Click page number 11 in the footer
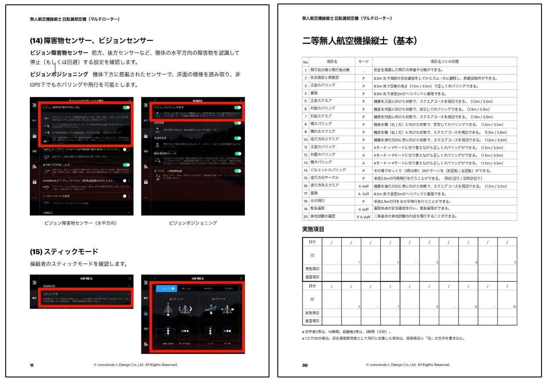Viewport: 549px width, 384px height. tap(32, 365)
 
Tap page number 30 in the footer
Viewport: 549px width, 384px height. tap(305, 365)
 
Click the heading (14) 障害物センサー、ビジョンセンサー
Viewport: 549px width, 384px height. tap(91, 41)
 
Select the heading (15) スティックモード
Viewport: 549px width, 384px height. tap(64, 252)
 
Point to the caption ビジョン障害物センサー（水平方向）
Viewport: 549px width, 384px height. tap(81, 223)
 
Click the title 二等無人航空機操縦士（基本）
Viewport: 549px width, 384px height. tap(359, 41)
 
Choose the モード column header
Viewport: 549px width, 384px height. tap(363, 62)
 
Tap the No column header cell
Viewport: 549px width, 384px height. tap(305, 62)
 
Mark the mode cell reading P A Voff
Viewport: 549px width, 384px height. tap(363, 217)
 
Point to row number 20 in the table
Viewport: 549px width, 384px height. tap(305, 217)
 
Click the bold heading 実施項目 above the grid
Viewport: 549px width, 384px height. tap(313, 229)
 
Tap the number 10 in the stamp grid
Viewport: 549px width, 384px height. tap(514, 306)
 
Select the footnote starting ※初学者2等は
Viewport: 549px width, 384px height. tap(347, 332)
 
